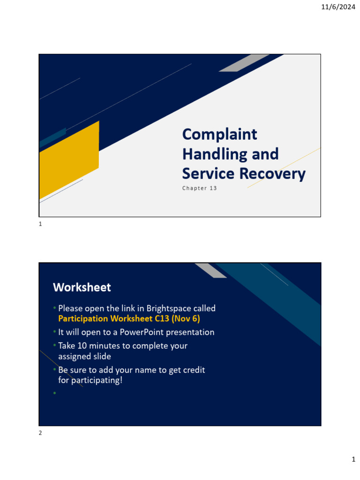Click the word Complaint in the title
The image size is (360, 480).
click(219, 134)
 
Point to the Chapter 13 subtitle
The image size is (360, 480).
click(200, 188)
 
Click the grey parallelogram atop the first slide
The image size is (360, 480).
click(244, 63)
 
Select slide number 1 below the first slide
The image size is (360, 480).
click(40, 225)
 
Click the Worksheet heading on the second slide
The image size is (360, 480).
click(82, 287)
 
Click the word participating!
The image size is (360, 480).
click(93, 380)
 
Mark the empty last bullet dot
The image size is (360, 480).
click(54, 393)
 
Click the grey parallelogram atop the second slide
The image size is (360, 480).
click(210, 270)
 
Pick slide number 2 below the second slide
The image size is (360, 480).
click(40, 433)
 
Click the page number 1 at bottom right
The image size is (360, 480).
click(353, 460)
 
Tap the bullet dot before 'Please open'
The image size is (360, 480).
click(54, 308)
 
